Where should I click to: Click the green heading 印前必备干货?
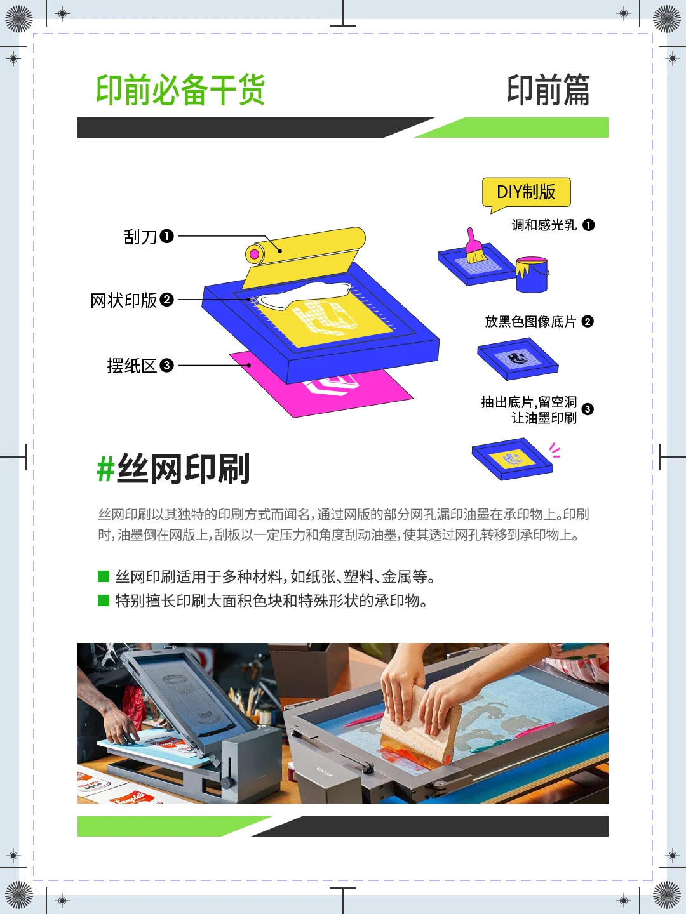180,89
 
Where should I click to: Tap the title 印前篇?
548,89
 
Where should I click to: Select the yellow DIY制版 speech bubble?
526,192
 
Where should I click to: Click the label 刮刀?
140,237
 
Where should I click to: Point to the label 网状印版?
124,300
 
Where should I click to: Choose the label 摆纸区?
131,366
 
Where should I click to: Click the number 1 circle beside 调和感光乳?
589,225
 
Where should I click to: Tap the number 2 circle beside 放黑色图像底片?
588,322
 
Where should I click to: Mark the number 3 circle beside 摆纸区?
166,366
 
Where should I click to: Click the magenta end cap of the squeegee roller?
255,255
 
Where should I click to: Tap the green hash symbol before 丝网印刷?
105,470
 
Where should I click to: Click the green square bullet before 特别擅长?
104,600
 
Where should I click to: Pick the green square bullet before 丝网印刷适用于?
104,576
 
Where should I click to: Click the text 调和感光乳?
544,225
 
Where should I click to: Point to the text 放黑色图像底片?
530,322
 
